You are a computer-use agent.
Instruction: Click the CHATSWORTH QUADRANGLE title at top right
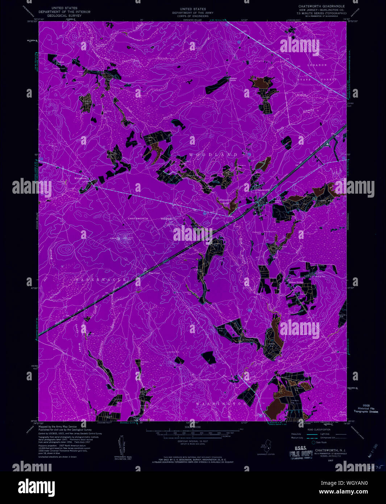[321, 7]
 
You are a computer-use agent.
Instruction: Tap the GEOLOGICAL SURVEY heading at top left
[65, 16]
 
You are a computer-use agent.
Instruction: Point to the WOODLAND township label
[213, 155]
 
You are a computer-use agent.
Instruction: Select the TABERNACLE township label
[101, 280]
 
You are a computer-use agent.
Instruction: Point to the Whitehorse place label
[81, 178]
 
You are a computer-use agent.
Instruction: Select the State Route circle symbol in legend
[314, 442]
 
